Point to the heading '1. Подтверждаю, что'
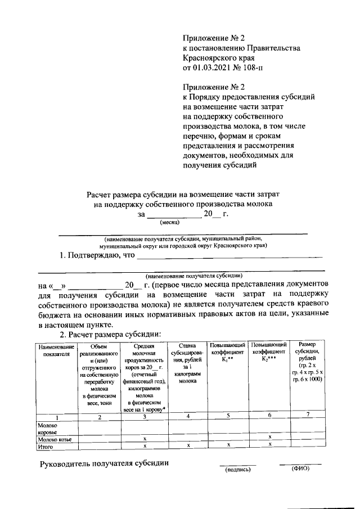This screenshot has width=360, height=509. point(97,255)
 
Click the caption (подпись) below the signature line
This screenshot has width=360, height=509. point(237,469)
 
